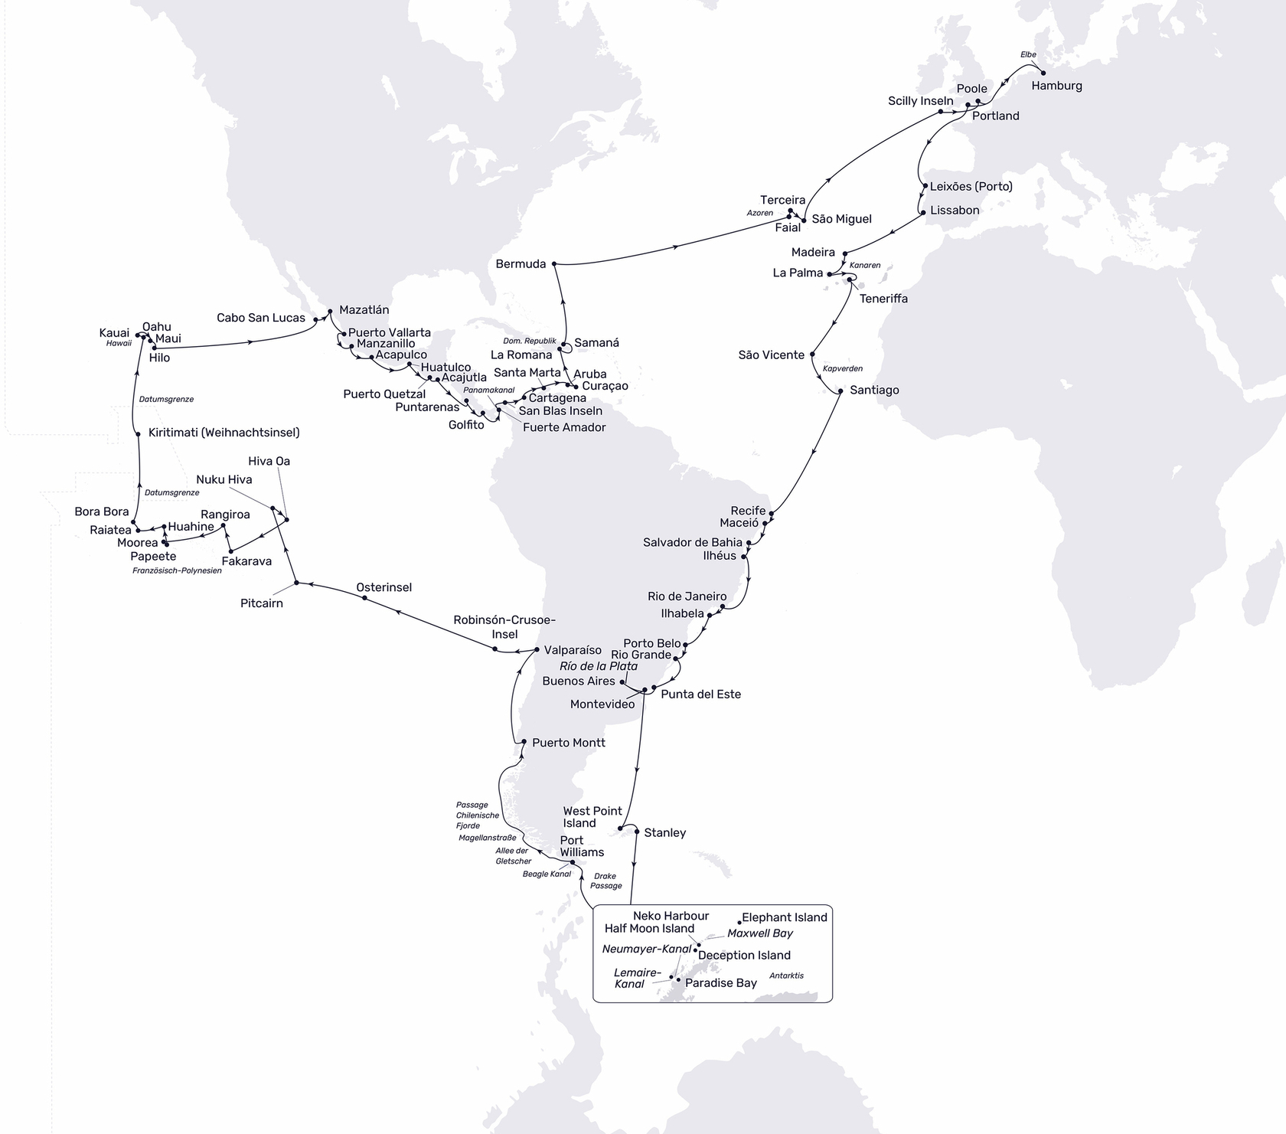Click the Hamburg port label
1056,86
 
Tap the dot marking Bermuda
553,264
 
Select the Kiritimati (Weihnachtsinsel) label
224,433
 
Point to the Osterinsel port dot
364,598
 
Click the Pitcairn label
261,603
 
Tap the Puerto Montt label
568,743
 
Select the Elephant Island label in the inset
785,917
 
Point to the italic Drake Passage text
605,881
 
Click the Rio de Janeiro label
687,596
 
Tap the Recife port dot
772,513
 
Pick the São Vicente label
771,355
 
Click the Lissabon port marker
922,211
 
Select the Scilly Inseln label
920,101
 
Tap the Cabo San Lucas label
260,318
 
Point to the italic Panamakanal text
488,391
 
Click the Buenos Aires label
578,681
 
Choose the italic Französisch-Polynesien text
177,570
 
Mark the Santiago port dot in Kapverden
840,391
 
